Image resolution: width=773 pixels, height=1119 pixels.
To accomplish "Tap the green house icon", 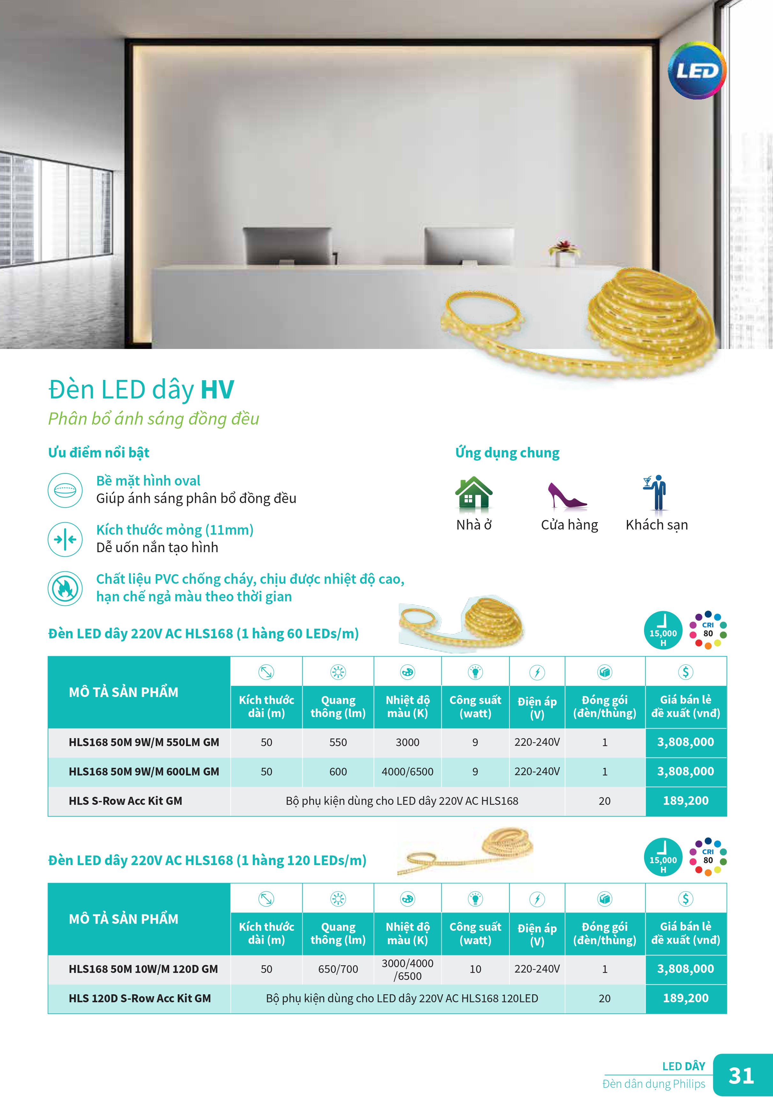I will [473, 493].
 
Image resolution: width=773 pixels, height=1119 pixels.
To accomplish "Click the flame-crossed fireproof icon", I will [65, 588].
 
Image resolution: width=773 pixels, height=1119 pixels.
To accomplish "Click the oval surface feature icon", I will [65, 490].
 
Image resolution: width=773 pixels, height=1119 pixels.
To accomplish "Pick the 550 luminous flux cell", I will [338, 742].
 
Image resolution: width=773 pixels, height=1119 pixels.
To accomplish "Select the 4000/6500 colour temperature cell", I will [407, 772].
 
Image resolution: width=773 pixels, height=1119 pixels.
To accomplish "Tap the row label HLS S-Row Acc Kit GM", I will [125, 801].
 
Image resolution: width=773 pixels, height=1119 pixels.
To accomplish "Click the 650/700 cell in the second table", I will [338, 969].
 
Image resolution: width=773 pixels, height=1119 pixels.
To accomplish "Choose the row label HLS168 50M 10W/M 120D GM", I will [143, 969].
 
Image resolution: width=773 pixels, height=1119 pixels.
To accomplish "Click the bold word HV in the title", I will [217, 389].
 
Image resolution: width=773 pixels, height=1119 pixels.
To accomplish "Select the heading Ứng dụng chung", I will [507, 453].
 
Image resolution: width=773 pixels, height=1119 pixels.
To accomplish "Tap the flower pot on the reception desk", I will [564, 252].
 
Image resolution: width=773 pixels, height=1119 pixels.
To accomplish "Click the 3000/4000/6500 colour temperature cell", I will [407, 969].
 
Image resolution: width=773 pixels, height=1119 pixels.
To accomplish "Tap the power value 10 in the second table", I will [475, 969].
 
